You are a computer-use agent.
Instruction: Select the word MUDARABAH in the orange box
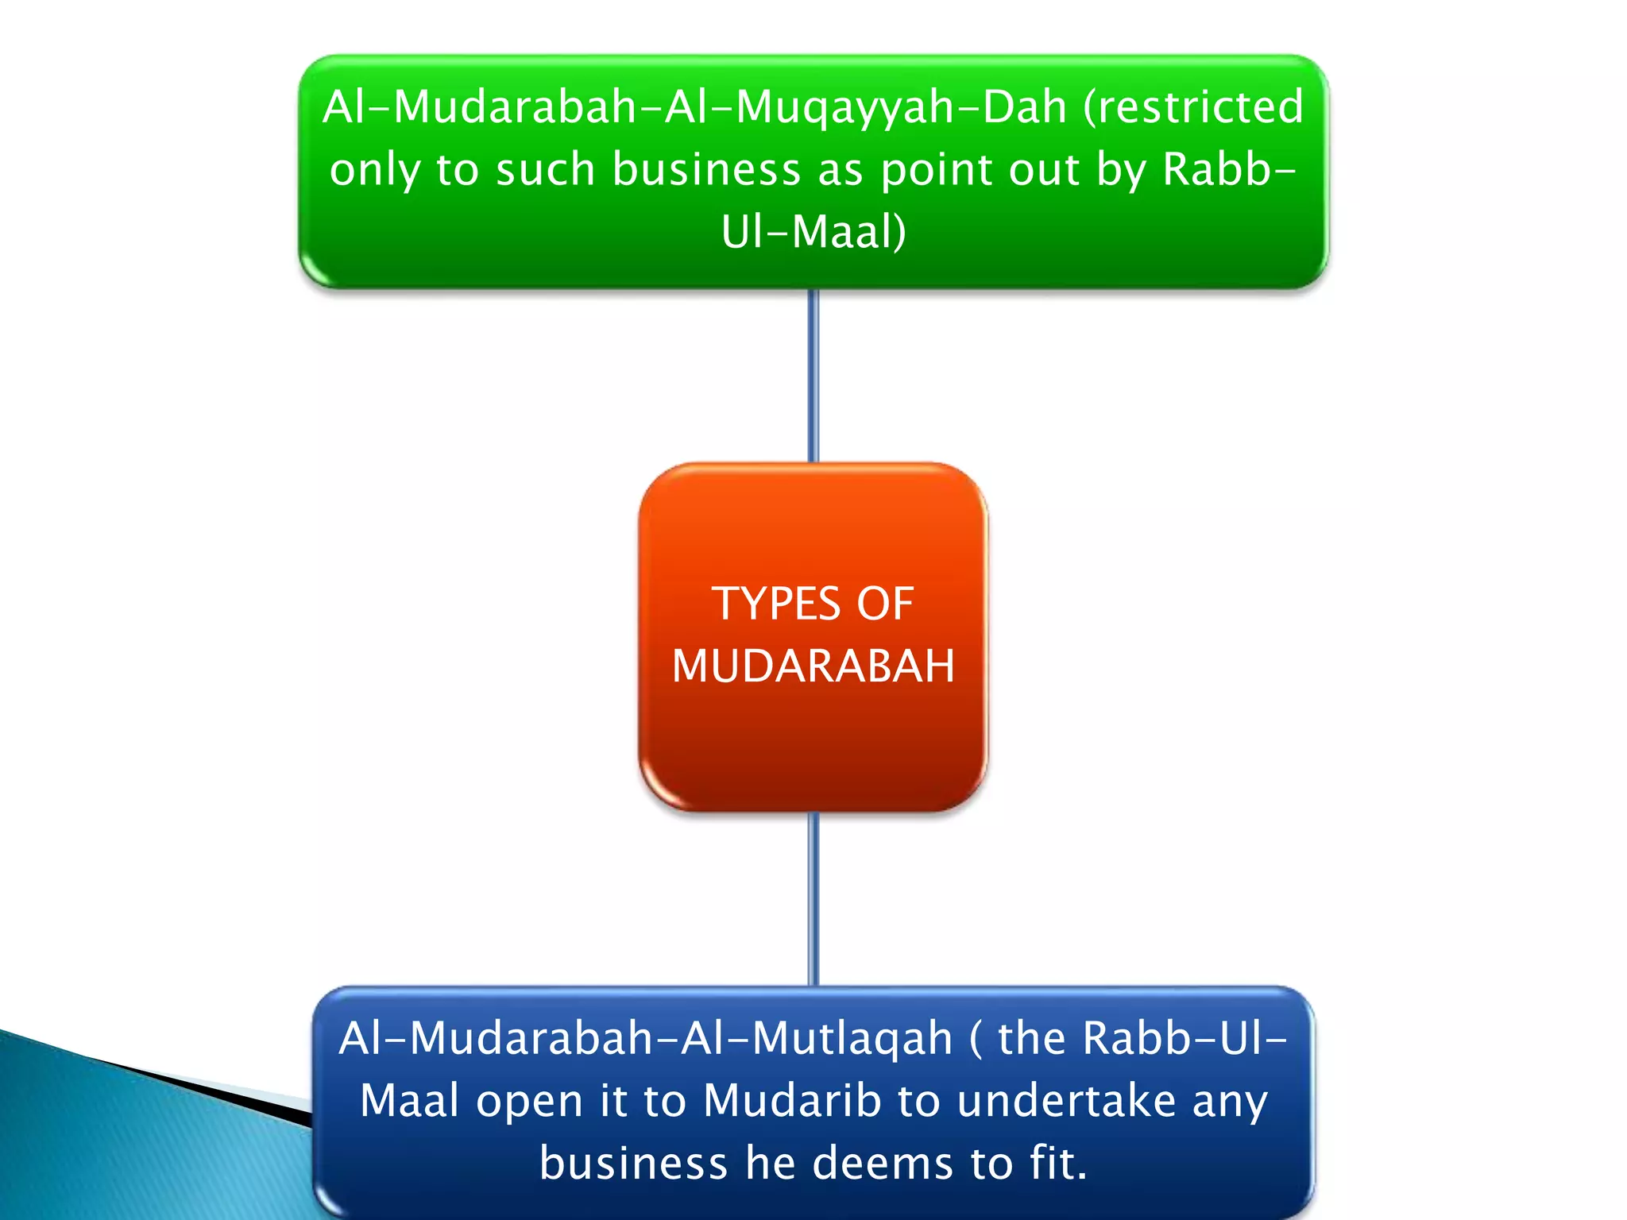(813, 666)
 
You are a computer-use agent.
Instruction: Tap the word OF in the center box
(884, 604)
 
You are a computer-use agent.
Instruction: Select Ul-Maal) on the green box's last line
(813, 232)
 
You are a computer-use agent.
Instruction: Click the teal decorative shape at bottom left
(119, 1144)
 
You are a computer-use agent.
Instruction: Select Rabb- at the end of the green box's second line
(1228, 169)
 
